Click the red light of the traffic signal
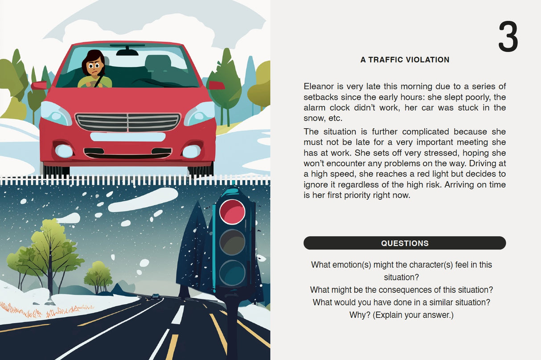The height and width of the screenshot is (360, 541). pyautogui.click(x=232, y=212)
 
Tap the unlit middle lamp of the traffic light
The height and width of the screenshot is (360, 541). pyautogui.click(x=232, y=242)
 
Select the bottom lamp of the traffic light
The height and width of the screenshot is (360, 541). pyautogui.click(x=232, y=273)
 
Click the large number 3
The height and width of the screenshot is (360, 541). pyautogui.click(x=508, y=37)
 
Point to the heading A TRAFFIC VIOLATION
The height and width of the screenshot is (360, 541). pyautogui.click(x=405, y=60)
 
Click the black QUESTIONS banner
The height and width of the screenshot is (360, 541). pyautogui.click(x=405, y=243)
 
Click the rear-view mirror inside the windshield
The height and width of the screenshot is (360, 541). pyautogui.click(x=127, y=52)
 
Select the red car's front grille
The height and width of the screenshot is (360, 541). pyautogui.click(x=128, y=123)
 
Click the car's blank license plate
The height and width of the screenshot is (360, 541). pyautogui.click(x=128, y=137)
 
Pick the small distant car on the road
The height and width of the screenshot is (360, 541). pyautogui.click(x=155, y=296)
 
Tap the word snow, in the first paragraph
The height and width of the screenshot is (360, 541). pyautogui.click(x=313, y=119)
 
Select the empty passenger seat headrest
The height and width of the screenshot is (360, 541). pyautogui.click(x=158, y=61)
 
